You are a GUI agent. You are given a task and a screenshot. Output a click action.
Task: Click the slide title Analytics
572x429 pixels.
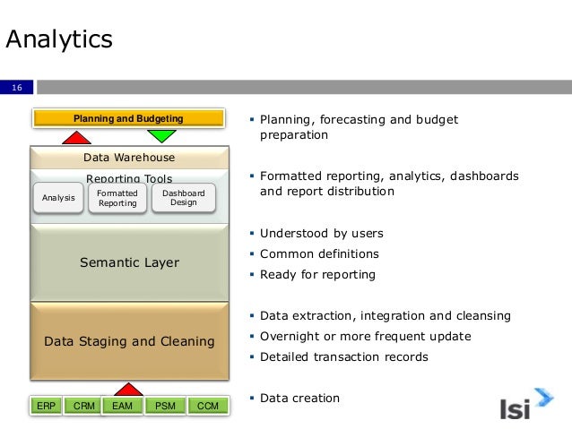[x=59, y=39]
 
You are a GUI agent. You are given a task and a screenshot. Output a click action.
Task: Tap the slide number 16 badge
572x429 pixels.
[x=16, y=87]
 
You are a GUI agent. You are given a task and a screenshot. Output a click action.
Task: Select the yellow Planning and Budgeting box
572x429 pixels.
[x=127, y=118]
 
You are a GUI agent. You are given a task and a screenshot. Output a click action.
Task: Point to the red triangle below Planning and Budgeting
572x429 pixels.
[x=76, y=137]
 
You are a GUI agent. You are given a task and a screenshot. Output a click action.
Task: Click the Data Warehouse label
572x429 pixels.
[x=128, y=158]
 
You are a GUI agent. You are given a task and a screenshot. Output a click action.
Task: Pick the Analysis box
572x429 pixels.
[x=58, y=198]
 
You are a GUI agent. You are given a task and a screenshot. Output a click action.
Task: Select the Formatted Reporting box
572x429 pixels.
[x=117, y=198]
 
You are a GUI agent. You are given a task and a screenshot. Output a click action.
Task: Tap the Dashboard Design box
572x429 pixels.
[x=183, y=198]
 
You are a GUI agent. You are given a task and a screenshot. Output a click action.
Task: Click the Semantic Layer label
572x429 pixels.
[x=128, y=262]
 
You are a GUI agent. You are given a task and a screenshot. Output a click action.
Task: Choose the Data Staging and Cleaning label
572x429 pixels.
[x=128, y=341]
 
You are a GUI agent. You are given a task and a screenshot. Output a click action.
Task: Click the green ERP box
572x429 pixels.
[x=46, y=407]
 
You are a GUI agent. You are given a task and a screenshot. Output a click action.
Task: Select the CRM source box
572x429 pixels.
[x=84, y=407]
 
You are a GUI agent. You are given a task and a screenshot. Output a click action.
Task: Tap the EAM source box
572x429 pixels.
[x=124, y=407]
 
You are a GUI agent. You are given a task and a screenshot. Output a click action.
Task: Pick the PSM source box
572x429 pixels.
[x=165, y=407]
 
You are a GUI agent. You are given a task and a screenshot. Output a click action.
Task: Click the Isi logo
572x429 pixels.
[x=527, y=405]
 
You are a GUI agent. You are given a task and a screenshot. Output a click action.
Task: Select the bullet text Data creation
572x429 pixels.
[x=299, y=398]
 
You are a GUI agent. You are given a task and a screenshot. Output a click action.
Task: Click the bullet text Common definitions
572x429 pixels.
[x=319, y=254]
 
